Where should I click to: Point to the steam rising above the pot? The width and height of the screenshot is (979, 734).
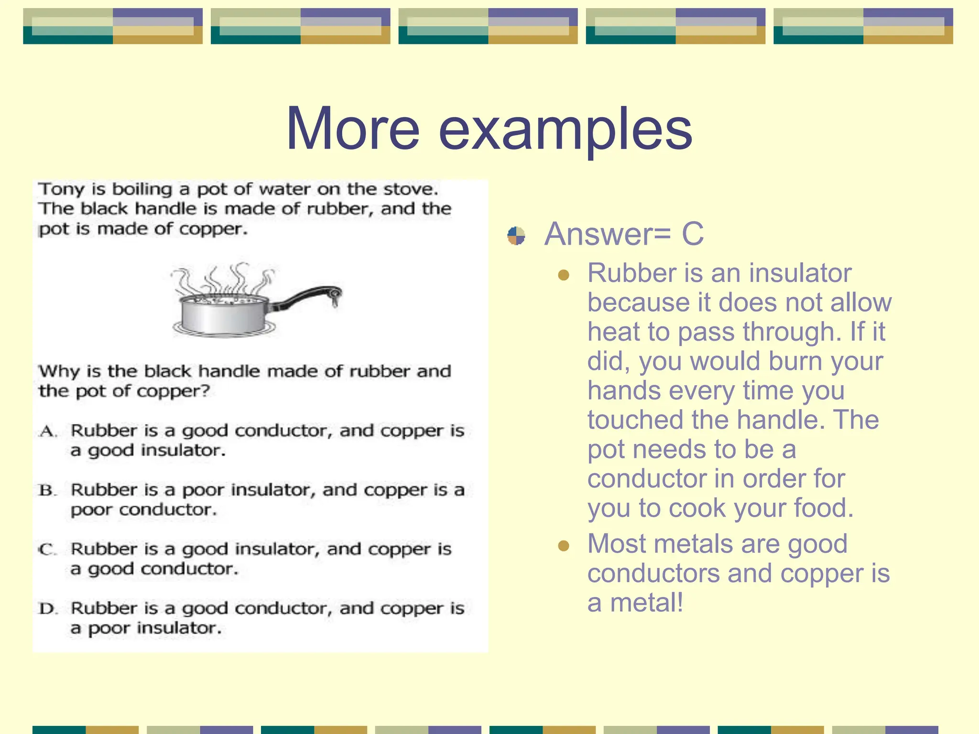tap(225, 279)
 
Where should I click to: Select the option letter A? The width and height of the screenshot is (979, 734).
tap(48, 432)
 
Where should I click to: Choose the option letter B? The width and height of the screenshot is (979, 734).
tap(47, 491)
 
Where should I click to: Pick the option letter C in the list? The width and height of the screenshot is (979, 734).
tap(47, 550)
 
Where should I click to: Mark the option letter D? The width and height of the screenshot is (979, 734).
tap(48, 609)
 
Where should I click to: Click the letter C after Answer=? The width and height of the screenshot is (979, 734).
tap(692, 234)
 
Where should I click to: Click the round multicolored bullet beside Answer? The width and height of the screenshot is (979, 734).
tap(516, 236)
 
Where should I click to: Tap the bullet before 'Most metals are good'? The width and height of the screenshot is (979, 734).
tap(564, 546)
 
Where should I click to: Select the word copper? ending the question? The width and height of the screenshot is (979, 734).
tap(173, 391)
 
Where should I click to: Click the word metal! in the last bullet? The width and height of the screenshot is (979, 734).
tap(647, 603)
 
